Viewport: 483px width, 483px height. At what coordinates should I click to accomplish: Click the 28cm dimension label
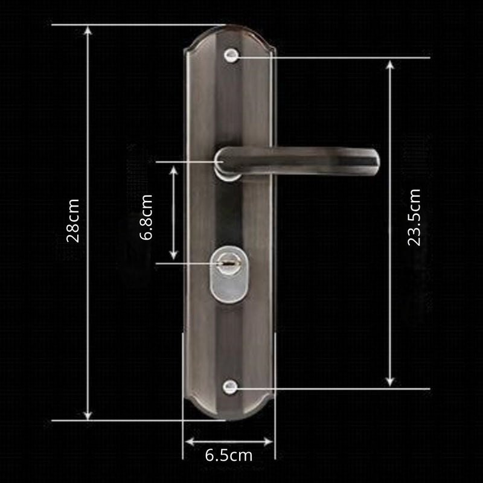(x=73, y=220)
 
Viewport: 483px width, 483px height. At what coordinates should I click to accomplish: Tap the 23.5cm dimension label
(x=414, y=217)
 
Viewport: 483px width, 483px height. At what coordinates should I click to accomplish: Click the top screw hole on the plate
(x=230, y=56)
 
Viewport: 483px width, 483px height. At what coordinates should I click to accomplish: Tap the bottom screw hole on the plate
(x=229, y=386)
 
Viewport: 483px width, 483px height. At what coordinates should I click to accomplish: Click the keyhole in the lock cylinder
(x=228, y=264)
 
